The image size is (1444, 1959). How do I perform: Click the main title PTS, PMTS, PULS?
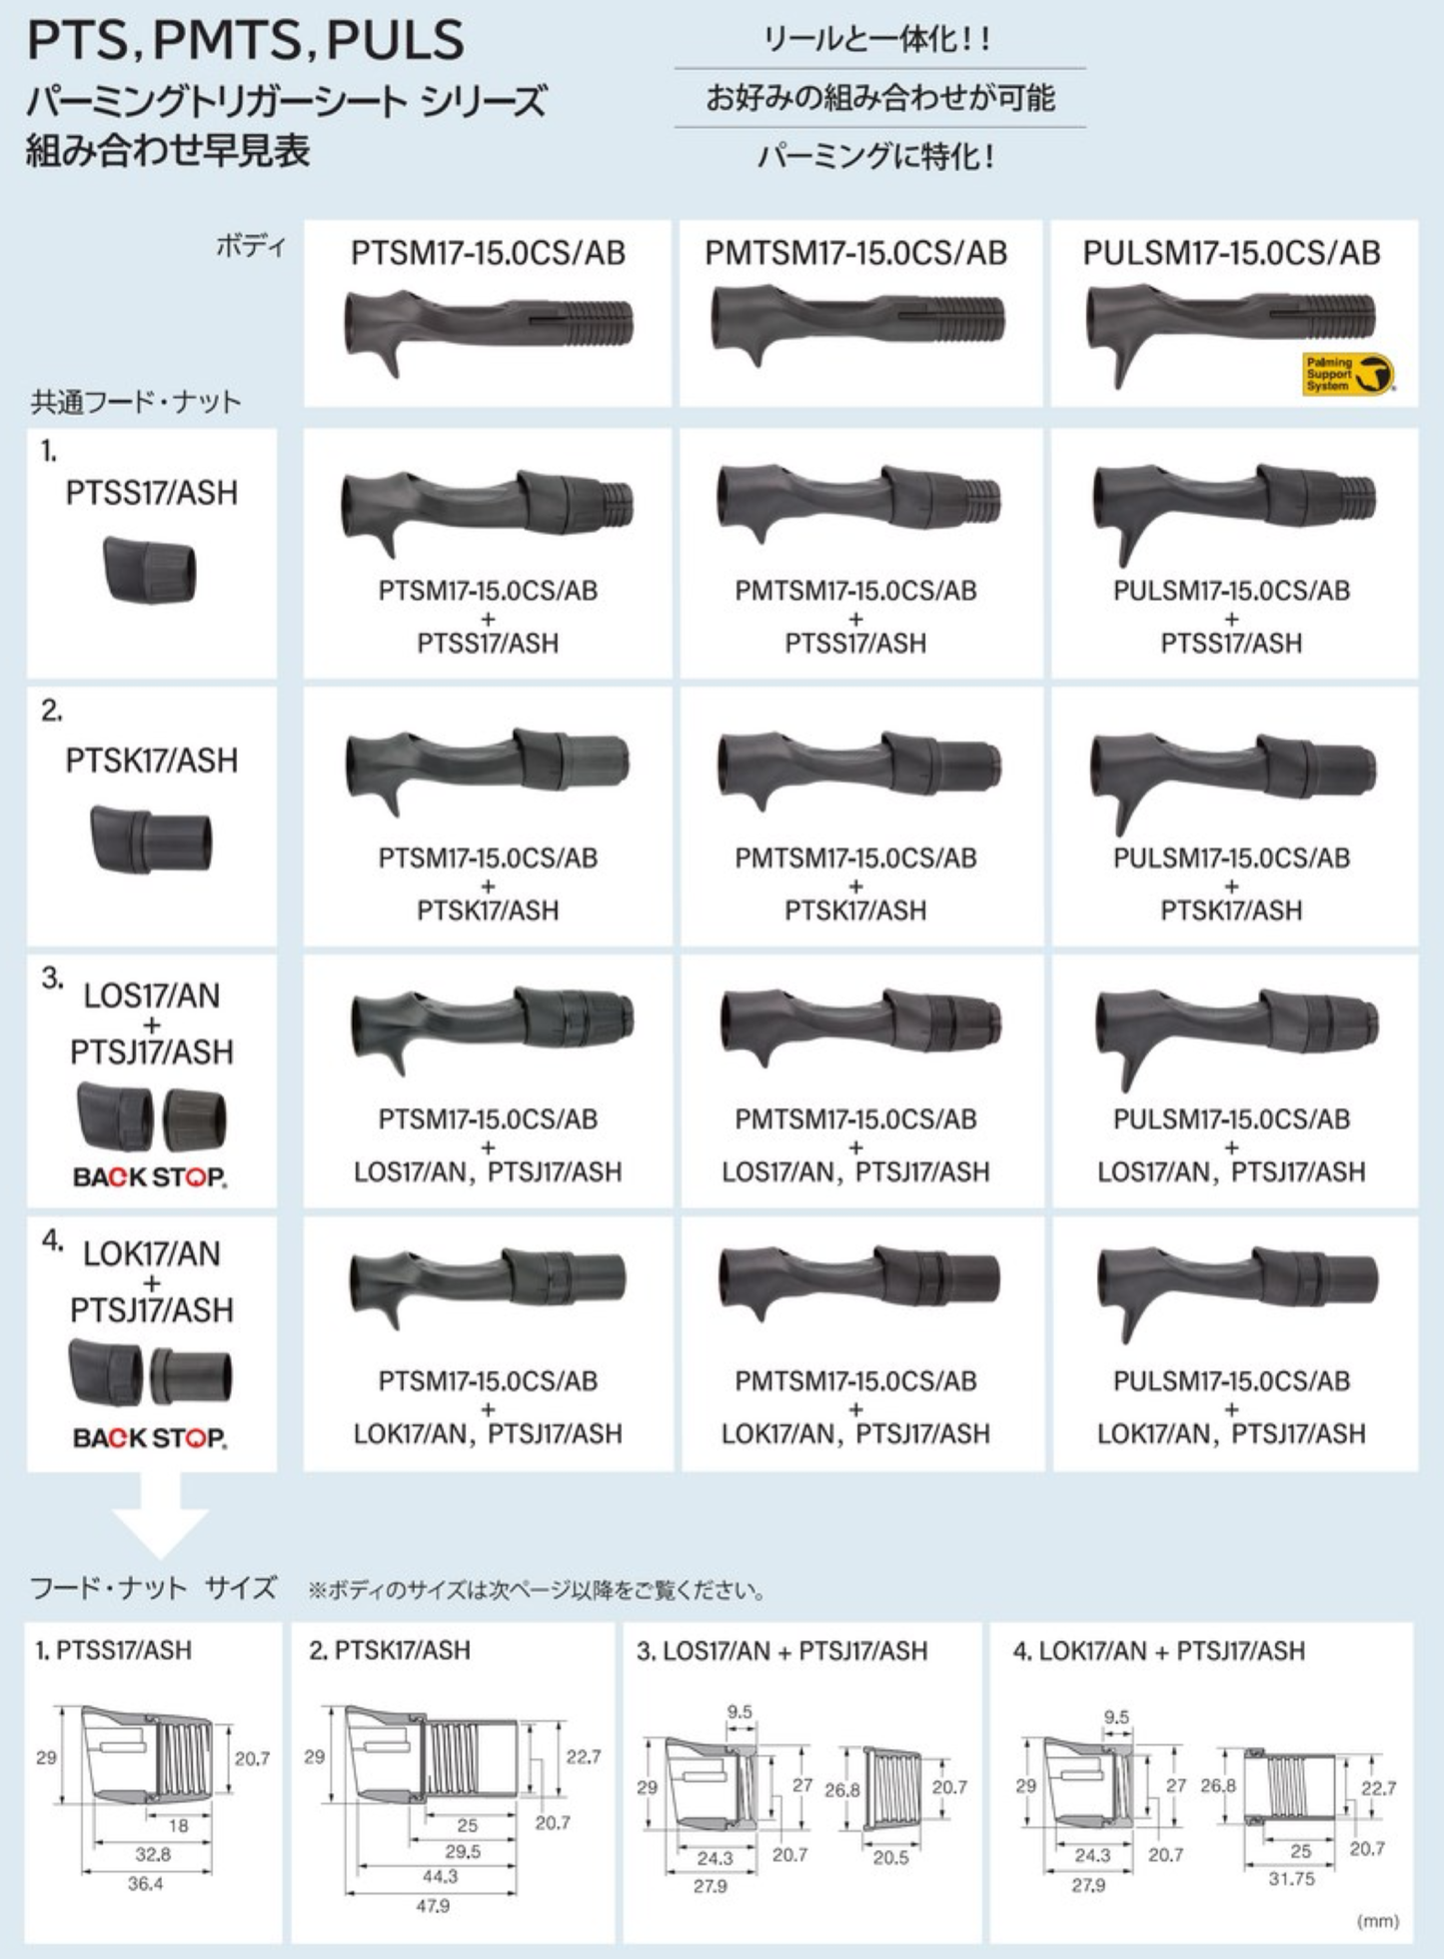pos(246,40)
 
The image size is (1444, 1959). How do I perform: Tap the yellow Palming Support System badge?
pos(1348,374)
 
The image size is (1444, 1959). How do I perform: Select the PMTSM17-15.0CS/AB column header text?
pos(855,253)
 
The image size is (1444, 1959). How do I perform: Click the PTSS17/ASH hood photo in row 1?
pos(150,569)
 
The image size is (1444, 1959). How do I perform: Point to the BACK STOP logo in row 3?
pos(150,1176)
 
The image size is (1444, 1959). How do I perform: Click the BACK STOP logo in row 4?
pos(150,1437)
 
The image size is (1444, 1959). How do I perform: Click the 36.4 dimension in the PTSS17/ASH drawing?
pos(145,1883)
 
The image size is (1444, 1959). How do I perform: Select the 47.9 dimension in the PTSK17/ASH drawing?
pos(432,1905)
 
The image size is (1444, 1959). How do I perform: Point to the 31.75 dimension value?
pos(1291,1878)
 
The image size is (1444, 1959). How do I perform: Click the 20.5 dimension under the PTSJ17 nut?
pos(890,1857)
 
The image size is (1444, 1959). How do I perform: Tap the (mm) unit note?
pos(1378,1920)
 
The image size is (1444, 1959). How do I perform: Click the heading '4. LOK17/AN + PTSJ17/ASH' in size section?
pos(1158,1650)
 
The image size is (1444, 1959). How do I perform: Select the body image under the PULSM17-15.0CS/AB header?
pos(1229,330)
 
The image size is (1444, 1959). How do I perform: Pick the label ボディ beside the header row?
pos(251,247)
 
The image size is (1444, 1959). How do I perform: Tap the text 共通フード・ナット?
pos(136,402)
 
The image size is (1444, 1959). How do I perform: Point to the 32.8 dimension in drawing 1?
pos(153,1854)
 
